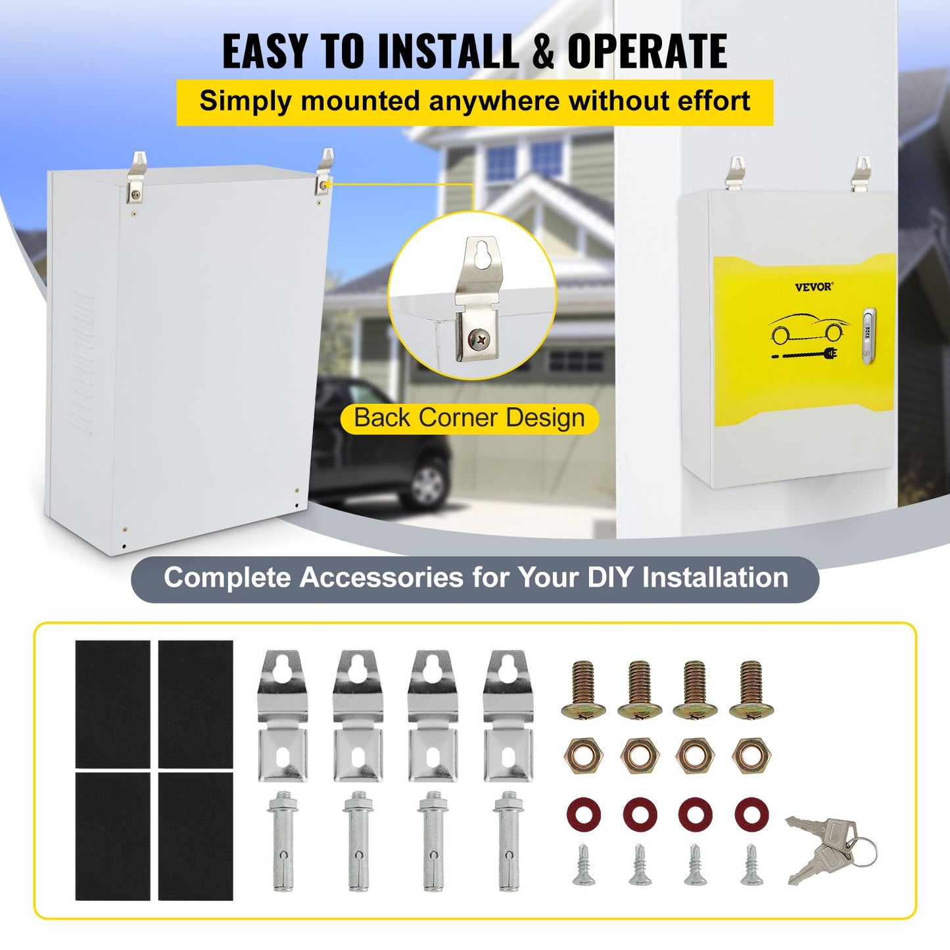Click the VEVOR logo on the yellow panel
click(813, 287)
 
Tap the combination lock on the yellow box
click(869, 336)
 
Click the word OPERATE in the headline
click(647, 51)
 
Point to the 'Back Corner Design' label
click(469, 418)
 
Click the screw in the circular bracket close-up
click(479, 339)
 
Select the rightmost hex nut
click(751, 755)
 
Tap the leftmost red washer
click(583, 814)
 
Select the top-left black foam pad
click(112, 703)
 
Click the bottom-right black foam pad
click(196, 836)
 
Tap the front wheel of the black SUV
click(426, 483)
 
